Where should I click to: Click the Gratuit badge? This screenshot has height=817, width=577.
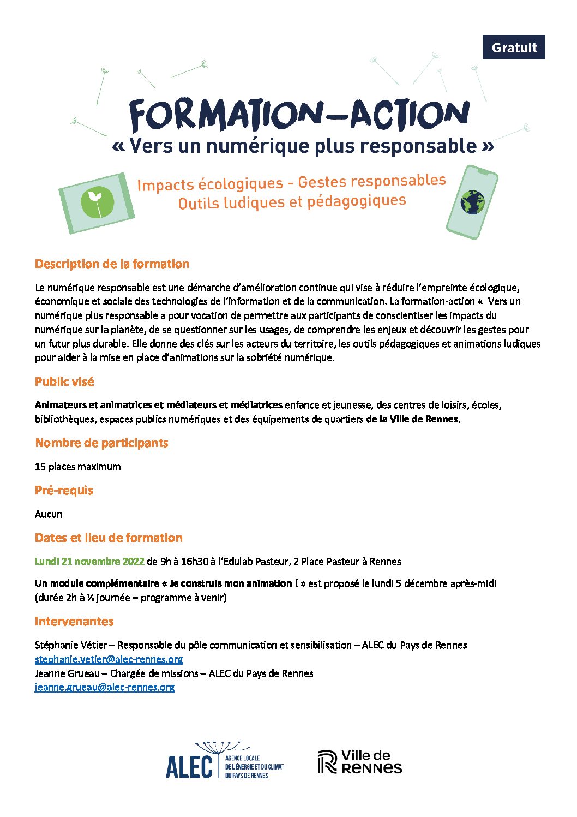tap(514, 47)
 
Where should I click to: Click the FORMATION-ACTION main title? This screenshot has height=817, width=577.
tap(299, 115)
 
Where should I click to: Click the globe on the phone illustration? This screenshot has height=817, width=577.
tap(472, 202)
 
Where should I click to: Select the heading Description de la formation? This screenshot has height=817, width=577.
tap(112, 264)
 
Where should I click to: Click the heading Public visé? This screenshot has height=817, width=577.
tap(64, 382)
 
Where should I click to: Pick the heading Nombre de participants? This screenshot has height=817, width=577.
tap(101, 443)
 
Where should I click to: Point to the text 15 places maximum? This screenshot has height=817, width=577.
tap(78, 467)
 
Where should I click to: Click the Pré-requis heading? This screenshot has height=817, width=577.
tap(64, 490)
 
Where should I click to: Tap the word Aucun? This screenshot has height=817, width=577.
tap(49, 514)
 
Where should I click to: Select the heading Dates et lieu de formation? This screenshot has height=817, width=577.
tap(109, 538)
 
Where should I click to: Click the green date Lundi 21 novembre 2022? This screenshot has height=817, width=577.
tap(89, 562)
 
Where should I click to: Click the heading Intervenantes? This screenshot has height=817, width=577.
tap(74, 621)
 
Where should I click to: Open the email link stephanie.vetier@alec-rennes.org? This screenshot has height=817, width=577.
tap(109, 659)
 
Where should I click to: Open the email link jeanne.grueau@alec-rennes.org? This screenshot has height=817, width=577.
tap(105, 687)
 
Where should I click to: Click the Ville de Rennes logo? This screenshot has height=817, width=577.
tap(360, 762)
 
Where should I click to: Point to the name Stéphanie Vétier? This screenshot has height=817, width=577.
tap(71, 645)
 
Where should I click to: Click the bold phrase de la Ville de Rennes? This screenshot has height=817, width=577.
tap(413, 419)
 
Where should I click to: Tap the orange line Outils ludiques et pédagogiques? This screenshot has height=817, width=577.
tap(292, 202)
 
